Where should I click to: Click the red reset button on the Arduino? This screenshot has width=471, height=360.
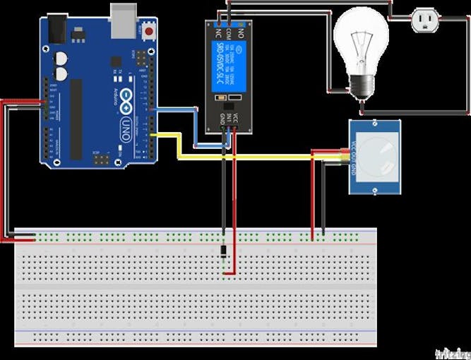148,30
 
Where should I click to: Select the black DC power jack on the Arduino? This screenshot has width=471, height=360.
56,28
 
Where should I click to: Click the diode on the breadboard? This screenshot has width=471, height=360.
223,251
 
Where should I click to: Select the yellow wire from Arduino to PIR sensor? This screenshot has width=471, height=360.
240,157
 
